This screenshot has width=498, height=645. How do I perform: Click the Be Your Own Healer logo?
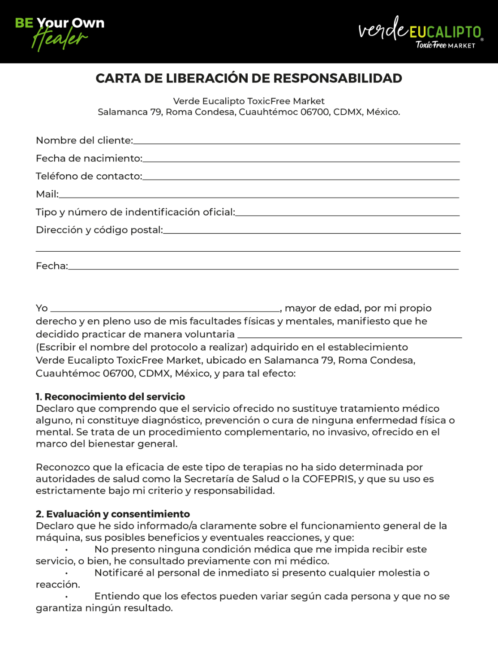coord(60,33)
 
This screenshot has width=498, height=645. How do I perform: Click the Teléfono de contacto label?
coord(89,176)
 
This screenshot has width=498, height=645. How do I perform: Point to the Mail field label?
coord(47,194)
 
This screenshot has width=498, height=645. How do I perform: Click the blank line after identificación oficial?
coord(348,214)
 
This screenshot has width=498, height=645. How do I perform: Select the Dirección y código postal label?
coord(99,230)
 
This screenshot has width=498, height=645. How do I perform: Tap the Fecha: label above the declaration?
coord(52,266)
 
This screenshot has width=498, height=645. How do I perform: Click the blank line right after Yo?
coord(165,310)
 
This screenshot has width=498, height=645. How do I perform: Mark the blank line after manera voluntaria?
coord(349,336)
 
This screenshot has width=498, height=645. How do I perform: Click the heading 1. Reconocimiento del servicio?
coord(110,397)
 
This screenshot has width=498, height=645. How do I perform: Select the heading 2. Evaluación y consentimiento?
coord(112,514)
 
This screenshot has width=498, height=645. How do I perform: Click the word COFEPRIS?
coord(328,479)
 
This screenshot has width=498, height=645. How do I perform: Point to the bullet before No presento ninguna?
coord(66,550)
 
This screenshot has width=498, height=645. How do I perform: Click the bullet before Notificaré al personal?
coord(66,573)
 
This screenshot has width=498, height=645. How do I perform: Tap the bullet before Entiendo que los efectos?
coord(66,597)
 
